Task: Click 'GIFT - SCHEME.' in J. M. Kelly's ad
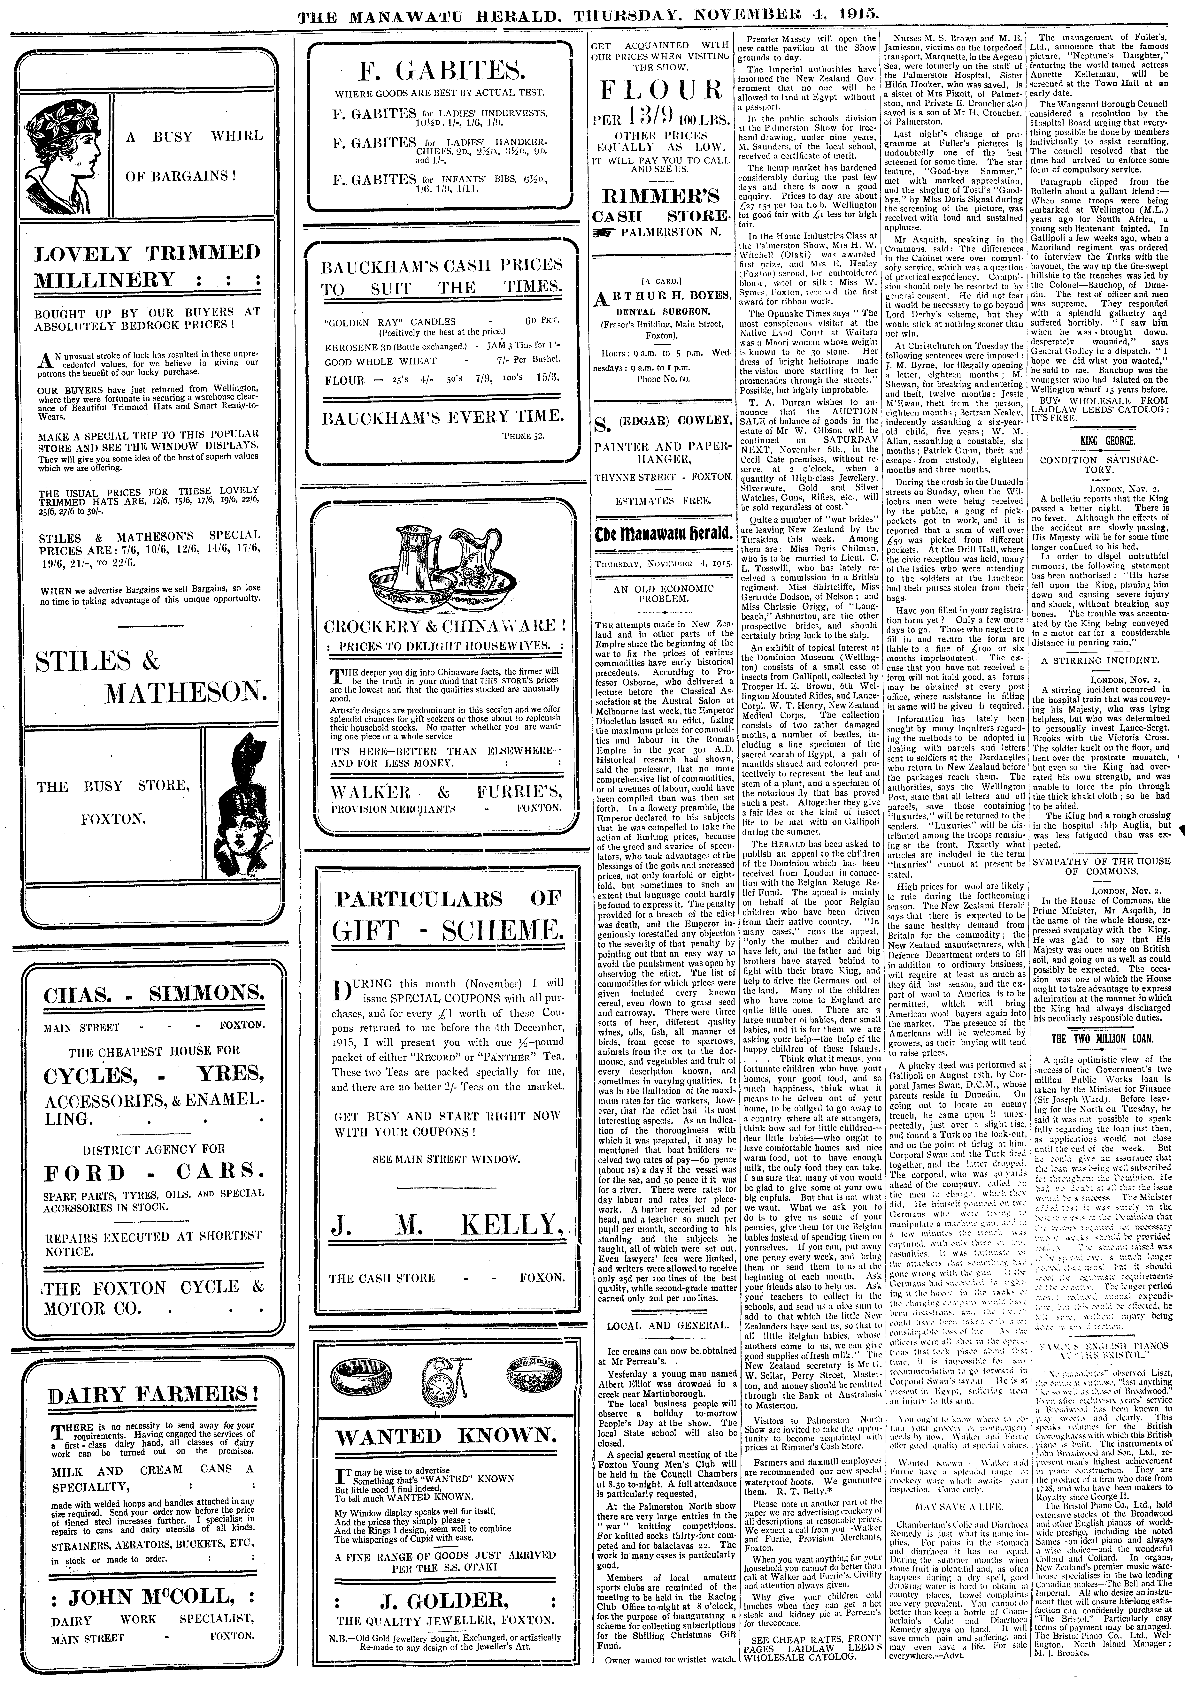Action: (x=448, y=931)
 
